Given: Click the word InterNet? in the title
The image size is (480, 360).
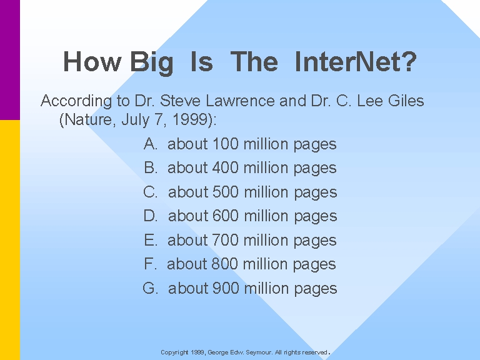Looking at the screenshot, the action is (356, 61).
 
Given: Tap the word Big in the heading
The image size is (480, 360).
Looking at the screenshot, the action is (152, 63).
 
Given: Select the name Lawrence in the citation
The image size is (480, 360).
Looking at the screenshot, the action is (240, 101).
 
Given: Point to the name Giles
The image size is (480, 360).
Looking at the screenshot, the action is (406, 101).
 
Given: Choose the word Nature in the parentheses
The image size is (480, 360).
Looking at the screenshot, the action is (88, 119).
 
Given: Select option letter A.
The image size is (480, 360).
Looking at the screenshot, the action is (151, 144).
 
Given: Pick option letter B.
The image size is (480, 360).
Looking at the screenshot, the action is (151, 167).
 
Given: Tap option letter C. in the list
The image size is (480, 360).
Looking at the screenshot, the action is (150, 192).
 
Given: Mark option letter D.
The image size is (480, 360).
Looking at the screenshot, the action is (151, 216).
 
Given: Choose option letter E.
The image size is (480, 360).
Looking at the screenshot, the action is (151, 240).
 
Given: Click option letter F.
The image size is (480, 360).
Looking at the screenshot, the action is (150, 264).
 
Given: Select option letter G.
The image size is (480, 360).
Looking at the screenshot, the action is (150, 288).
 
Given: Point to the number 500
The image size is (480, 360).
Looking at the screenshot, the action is (225, 192).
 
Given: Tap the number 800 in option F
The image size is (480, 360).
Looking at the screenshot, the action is (224, 264).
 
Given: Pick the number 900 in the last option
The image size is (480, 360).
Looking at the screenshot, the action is (225, 288).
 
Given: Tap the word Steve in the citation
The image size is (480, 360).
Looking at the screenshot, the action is (181, 101).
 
